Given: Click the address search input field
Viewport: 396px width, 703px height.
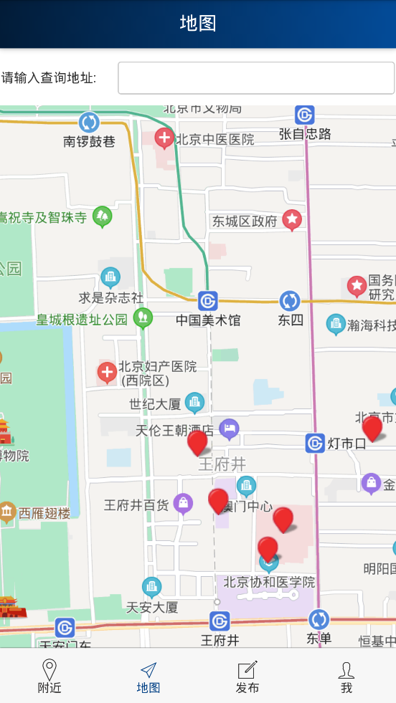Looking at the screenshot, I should [256, 78].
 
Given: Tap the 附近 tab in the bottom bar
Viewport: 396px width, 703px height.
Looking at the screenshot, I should [49, 676].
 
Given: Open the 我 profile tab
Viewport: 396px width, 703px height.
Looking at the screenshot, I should [346, 676].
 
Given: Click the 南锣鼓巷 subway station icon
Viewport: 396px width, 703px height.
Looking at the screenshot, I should [89, 123].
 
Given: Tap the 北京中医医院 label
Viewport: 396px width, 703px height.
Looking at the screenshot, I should [215, 139].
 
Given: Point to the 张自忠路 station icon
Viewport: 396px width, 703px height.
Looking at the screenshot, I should [305, 115].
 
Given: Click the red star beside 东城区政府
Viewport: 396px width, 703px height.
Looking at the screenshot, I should [292, 220].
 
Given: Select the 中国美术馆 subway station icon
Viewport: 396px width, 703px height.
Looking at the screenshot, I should [208, 301].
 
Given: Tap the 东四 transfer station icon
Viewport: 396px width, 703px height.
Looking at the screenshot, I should [290, 301].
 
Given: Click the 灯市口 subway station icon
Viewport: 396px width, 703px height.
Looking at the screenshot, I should [315, 443].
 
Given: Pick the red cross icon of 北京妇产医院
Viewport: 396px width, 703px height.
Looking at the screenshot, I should [108, 372].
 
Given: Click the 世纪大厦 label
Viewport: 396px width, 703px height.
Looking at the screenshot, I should [155, 404].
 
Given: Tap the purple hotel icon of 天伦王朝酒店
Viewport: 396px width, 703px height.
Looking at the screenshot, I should [229, 429].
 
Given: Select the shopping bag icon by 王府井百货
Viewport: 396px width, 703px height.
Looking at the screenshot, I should [183, 504].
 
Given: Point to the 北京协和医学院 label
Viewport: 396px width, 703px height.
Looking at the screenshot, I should [269, 581].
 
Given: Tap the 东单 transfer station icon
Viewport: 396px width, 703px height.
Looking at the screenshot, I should [319, 619].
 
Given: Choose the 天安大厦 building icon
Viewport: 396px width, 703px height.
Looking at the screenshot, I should [151, 587].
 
